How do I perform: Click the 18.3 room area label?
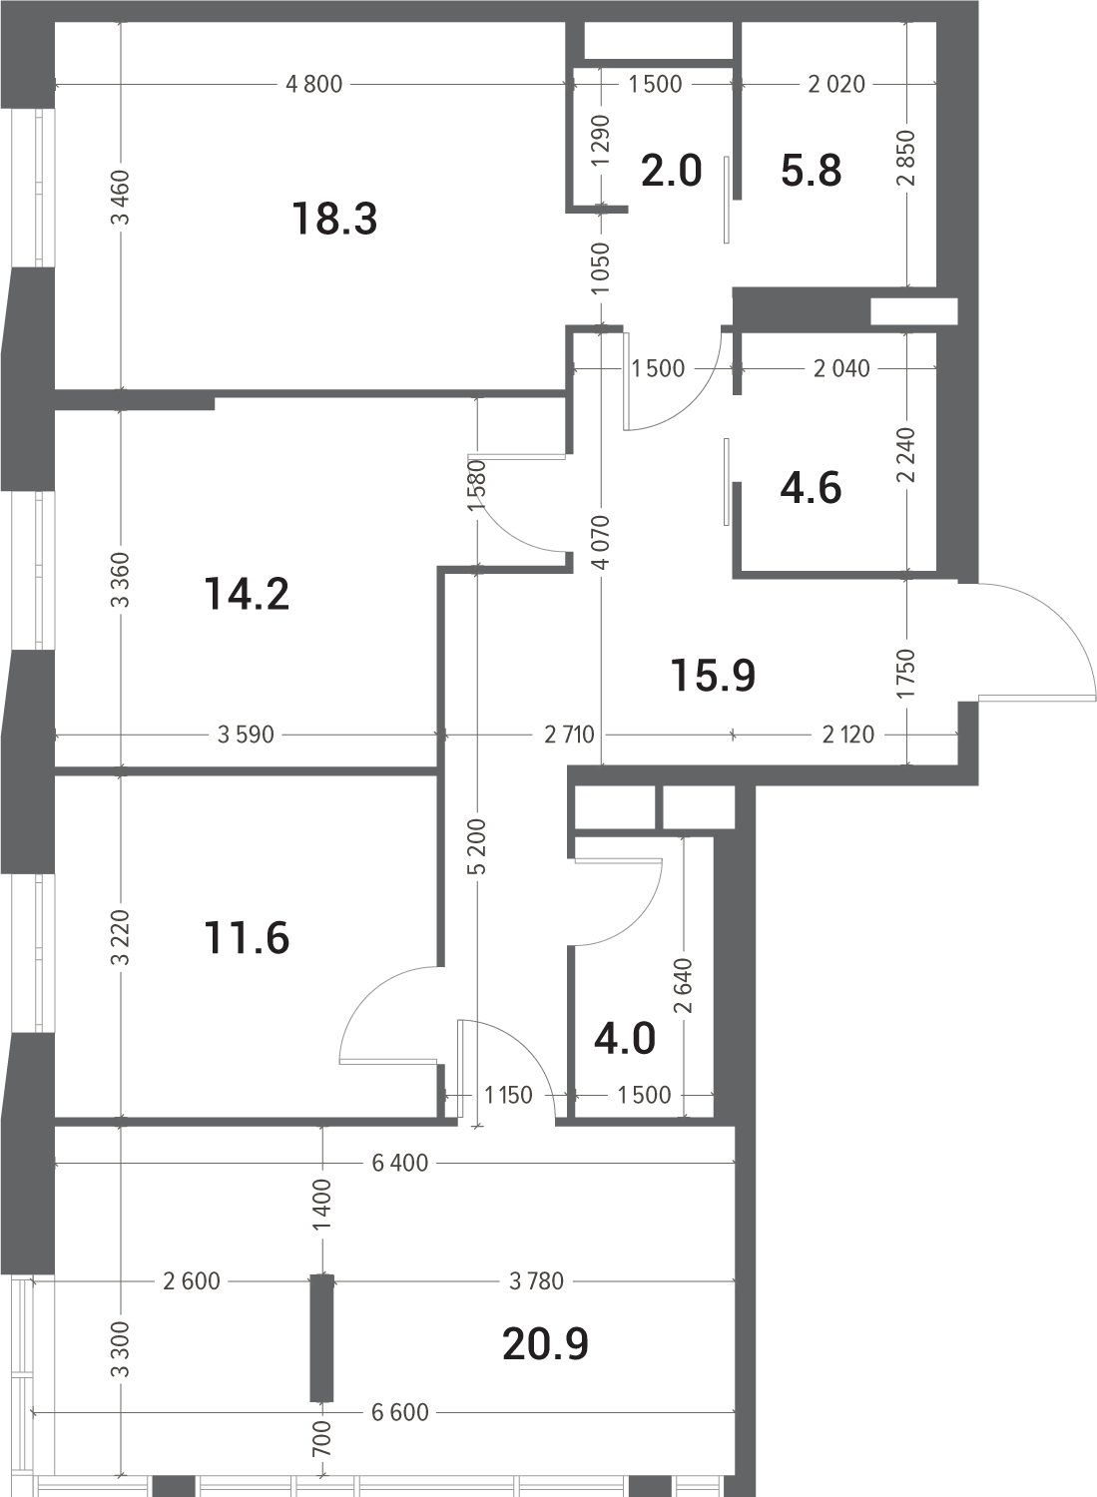335,220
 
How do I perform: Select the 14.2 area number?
247,595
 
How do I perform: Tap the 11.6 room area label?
247,938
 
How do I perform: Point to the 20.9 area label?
545,1344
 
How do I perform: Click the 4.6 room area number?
811,488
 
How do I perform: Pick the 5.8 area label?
811,171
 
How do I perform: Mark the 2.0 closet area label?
671,171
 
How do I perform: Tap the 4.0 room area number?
625,1040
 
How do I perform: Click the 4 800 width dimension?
313,84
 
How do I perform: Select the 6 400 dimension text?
399,1163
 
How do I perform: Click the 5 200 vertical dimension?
477,846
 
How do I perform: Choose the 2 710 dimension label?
569,736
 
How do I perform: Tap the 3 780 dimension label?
536,1281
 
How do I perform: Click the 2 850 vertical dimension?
906,158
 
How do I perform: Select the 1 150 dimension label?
508,1096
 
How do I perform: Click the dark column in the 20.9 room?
321,1338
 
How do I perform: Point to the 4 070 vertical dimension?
602,542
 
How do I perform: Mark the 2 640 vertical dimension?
684,986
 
